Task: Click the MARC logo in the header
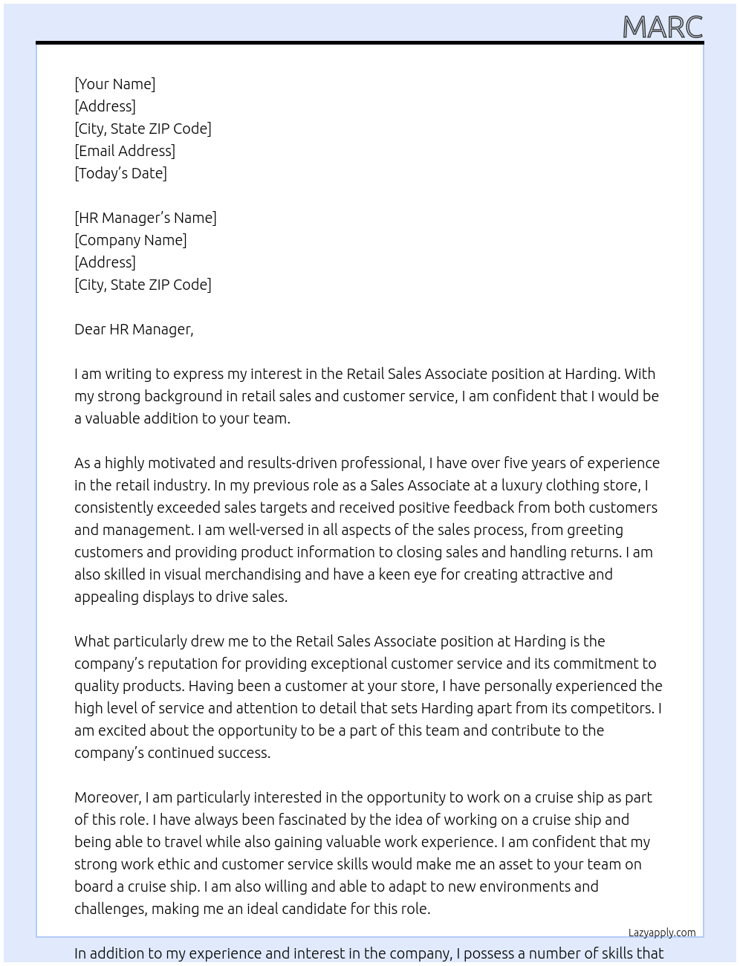[662, 27]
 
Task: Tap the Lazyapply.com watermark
[661, 933]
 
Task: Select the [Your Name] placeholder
[114, 84]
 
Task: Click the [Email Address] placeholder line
[125, 151]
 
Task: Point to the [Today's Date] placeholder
[120, 173]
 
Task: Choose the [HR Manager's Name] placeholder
[146, 218]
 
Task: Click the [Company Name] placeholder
[131, 240]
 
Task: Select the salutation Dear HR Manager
[134, 329]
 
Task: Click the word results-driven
[291, 463]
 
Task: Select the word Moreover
[108, 797]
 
